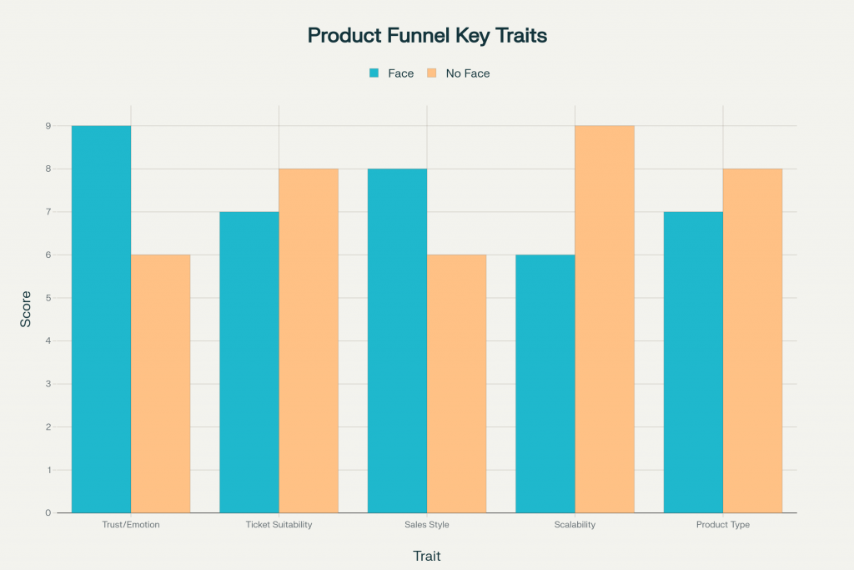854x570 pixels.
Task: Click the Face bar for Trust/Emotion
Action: coord(101,319)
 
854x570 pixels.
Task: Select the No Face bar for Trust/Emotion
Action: coord(160,383)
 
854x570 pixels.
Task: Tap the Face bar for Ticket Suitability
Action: coord(249,362)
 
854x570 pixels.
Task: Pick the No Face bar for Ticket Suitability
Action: coord(309,340)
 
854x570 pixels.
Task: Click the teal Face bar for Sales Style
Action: coord(397,340)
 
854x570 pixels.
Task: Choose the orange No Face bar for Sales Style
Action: coord(456,383)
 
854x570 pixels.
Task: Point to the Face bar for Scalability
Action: coord(545,383)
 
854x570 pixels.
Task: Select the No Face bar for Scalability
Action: coord(605,319)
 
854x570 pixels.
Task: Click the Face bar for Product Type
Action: coord(693,362)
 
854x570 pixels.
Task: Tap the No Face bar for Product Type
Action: coord(752,340)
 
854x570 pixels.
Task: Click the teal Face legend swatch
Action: coord(374,73)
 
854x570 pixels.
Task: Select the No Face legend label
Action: coord(468,73)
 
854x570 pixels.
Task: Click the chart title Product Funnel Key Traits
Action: coord(427,35)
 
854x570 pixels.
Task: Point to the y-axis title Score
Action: coord(26,308)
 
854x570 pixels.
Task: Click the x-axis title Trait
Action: coord(427,555)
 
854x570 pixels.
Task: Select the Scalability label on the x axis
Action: coord(575,525)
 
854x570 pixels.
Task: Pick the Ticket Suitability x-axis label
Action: coord(279,525)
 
